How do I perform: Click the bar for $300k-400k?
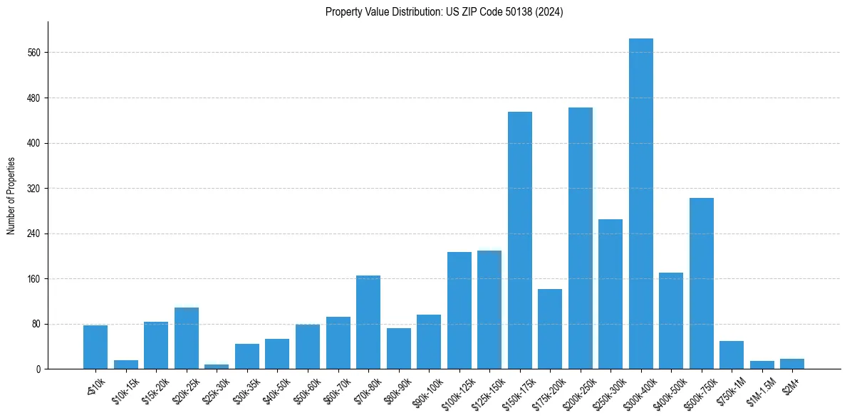coord(640,204)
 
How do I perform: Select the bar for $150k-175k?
coord(519,241)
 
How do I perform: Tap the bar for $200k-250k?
coord(580,238)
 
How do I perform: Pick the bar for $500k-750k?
coord(701,283)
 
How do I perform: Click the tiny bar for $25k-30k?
coord(217,367)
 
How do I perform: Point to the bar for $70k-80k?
coord(368,322)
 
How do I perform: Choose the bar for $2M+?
coord(791,364)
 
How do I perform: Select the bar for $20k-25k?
coord(186,338)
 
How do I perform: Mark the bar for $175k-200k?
coord(549,329)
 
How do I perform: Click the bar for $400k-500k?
coord(670,321)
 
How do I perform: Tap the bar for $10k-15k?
coord(125,364)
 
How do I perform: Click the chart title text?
coord(444,12)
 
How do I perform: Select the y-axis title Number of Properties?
coord(11,196)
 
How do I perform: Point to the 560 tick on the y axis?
coord(35,53)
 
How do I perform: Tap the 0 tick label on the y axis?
coord(39,369)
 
